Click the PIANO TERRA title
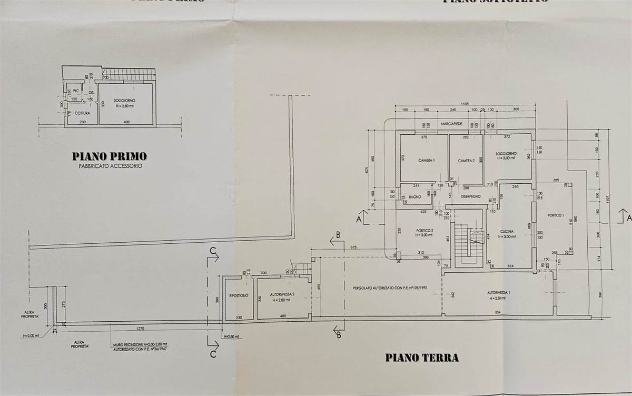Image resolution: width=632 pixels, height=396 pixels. (422, 358)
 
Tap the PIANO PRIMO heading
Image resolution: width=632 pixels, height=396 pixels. (110, 156)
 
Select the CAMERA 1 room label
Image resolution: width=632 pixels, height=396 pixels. (427, 160)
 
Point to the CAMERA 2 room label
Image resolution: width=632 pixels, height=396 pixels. (466, 161)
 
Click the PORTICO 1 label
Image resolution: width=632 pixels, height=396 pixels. (556, 215)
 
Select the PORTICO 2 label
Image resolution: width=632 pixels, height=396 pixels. (424, 230)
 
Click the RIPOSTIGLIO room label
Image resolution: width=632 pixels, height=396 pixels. (239, 295)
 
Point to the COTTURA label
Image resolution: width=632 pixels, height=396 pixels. (82, 112)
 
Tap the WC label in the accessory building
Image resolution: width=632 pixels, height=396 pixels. (76, 91)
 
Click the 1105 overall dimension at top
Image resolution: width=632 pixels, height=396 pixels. (465, 104)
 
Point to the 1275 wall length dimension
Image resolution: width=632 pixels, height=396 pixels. (140, 330)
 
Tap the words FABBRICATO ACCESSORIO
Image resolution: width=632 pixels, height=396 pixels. (110, 165)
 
